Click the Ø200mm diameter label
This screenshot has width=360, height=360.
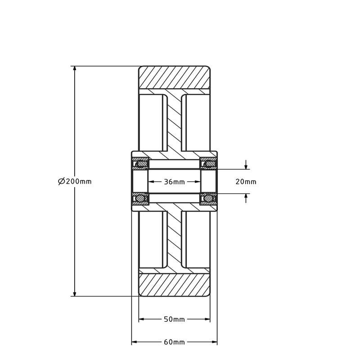coord(75,181)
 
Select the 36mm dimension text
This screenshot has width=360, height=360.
coord(174,182)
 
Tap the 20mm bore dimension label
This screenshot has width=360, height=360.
coord(246,182)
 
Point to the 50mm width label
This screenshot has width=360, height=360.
coord(174,319)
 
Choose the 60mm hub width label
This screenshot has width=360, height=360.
coord(174,342)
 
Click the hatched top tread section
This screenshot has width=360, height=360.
coord(174,77)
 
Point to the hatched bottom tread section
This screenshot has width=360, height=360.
coord(174,285)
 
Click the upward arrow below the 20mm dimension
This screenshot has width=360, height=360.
coord(246,197)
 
